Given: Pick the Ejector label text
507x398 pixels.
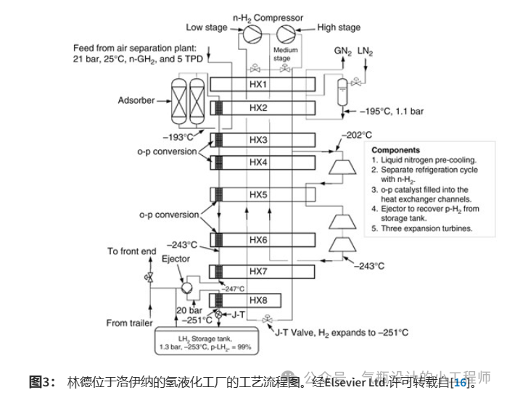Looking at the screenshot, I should click(x=176, y=259).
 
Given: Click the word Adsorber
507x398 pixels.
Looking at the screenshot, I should click(x=136, y=100).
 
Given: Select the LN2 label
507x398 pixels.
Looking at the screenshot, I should click(x=366, y=51).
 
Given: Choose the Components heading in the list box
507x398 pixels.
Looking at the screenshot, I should click(x=396, y=151).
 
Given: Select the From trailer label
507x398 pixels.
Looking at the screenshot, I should click(x=129, y=323).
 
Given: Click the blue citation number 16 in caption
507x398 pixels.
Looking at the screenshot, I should click(x=461, y=382).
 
